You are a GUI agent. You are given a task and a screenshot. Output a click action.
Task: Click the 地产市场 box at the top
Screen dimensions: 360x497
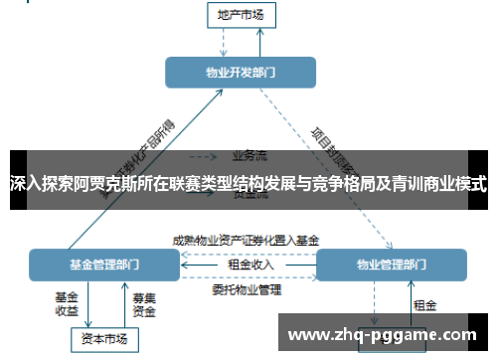point(242,14)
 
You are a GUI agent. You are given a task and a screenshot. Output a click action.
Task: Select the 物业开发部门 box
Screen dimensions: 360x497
point(241,72)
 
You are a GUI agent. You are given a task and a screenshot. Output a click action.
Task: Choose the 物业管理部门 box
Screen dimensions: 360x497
point(392,266)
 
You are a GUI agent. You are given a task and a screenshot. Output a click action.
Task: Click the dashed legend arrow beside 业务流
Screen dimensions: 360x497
point(205,155)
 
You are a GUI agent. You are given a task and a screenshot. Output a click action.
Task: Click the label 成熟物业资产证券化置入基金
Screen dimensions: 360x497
point(246,240)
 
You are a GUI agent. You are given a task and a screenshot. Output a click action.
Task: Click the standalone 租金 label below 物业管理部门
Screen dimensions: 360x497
point(424,303)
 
